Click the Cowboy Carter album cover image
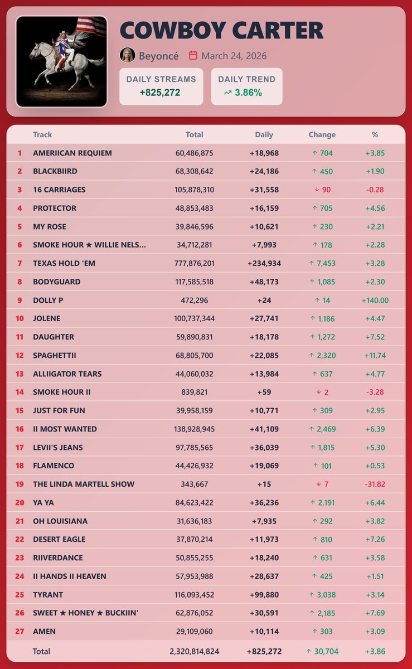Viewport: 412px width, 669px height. (61, 61)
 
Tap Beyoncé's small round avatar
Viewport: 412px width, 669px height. (128, 55)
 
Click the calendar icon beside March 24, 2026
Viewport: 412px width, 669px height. (193, 55)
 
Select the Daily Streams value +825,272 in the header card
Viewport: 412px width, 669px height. (161, 93)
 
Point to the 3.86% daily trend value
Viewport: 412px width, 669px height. (248, 93)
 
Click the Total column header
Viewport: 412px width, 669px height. (194, 134)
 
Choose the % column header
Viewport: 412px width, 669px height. (375, 134)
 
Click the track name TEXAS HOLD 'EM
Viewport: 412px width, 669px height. (64, 263)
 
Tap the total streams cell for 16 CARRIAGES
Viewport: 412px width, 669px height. (194, 190)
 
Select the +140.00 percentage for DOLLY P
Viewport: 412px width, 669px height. (375, 300)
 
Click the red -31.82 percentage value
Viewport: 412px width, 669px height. (375, 484)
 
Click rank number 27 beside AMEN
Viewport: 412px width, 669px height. (20, 631)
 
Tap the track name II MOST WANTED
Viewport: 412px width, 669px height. (65, 429)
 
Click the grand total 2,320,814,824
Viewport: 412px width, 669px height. (194, 651)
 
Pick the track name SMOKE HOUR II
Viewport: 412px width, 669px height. (62, 392)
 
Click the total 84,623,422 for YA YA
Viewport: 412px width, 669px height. (194, 502)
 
